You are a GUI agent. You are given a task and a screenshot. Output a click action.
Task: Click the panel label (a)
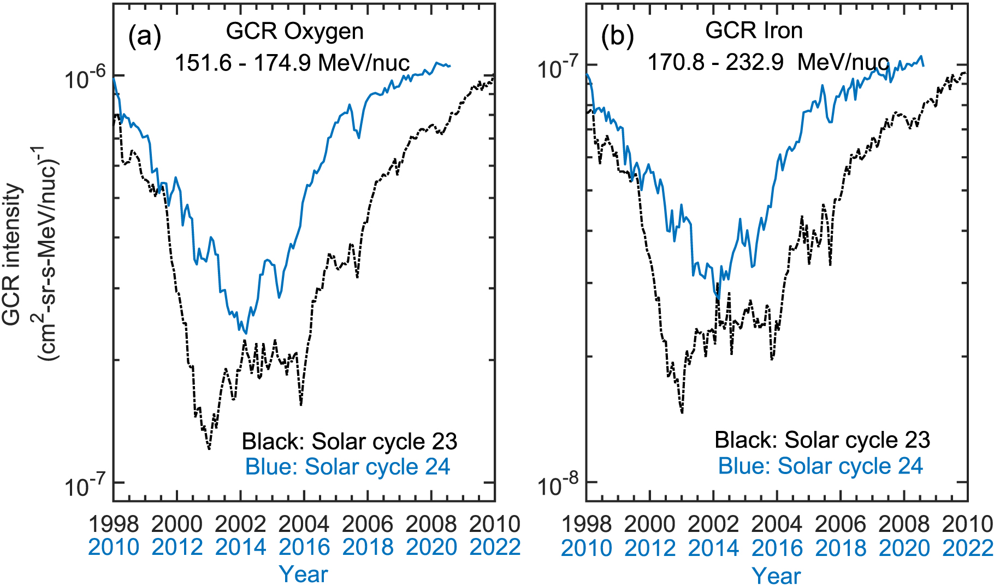[145, 37]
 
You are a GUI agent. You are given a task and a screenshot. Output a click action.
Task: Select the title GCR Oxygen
[294, 32]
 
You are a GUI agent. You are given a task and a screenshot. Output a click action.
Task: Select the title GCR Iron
[754, 31]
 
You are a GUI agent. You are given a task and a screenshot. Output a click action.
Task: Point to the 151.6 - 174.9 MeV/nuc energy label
[292, 63]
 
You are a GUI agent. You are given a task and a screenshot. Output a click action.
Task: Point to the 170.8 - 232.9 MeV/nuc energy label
[768, 62]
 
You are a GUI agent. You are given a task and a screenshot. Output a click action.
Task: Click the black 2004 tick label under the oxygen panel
[304, 525]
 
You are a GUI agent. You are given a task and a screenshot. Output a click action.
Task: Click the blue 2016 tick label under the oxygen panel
[304, 547]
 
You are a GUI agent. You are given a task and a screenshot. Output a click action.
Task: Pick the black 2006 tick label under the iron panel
[840, 525]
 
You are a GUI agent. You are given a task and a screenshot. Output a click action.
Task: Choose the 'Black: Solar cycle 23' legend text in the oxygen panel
[350, 441]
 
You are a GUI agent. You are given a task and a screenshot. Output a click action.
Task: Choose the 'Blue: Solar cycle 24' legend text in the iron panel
[820, 466]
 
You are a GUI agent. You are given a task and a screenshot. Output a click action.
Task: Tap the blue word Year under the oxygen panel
[304, 574]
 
